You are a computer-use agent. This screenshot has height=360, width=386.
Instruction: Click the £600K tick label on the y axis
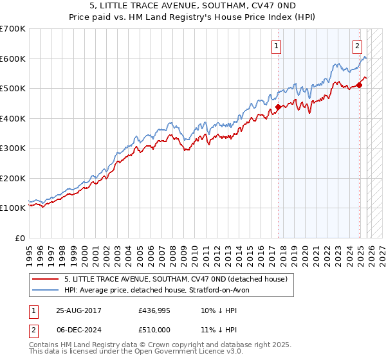[x=13, y=59]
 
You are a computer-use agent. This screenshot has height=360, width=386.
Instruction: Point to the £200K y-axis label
[x=13, y=178]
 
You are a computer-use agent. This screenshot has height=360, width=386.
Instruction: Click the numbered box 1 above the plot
[x=276, y=46]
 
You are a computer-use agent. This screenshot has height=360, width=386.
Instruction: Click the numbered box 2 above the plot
[x=356, y=46]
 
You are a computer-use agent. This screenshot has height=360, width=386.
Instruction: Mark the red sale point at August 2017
[x=278, y=107]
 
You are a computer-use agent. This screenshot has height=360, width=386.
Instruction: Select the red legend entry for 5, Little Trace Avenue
[x=179, y=279]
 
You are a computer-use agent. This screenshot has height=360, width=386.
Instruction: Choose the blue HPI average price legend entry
[x=161, y=291]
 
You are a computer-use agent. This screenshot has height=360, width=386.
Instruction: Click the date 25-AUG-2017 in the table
[x=78, y=310]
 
